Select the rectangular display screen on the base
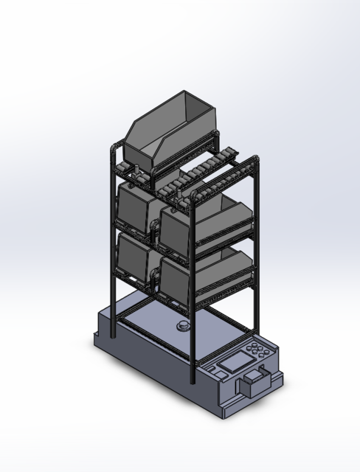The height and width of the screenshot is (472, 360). coord(235,363)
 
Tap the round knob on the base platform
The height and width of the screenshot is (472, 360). coord(181,326)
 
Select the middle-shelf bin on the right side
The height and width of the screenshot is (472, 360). coord(199,225)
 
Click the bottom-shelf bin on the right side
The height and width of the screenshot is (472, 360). coord(199,277)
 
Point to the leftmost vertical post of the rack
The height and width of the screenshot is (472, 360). coord(111,221)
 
